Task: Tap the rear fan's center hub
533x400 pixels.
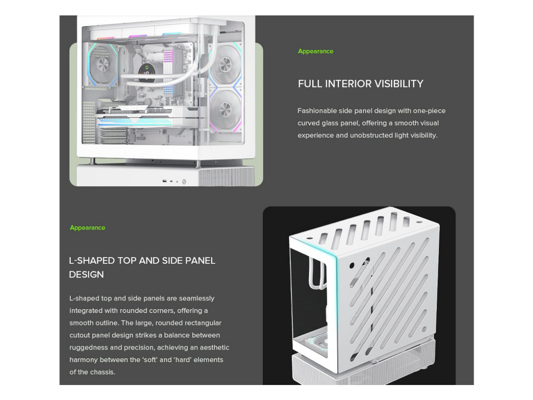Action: [102, 65]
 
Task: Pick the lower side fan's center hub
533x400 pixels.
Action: [225, 109]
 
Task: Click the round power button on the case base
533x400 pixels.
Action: [184, 182]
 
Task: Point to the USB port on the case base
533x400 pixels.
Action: [165, 181]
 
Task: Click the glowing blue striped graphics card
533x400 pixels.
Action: [135, 121]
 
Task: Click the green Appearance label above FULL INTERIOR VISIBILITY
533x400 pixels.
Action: [315, 51]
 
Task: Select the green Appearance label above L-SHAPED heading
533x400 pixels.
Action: [87, 228]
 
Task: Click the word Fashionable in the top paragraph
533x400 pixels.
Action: [317, 111]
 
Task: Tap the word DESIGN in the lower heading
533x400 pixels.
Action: [86, 275]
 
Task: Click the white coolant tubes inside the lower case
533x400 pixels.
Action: [317, 272]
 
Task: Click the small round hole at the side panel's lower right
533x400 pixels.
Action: [424, 329]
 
